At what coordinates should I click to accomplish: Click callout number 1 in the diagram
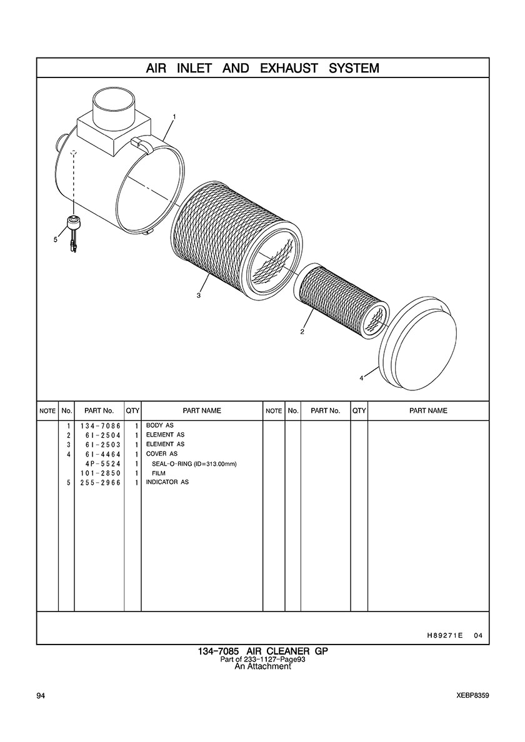point(174,116)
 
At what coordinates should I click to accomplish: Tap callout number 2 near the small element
point(302,332)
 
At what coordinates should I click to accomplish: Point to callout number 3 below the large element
point(199,296)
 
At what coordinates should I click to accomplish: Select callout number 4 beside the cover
point(361,378)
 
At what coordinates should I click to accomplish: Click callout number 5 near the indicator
point(56,239)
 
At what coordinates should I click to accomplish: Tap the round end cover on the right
point(419,342)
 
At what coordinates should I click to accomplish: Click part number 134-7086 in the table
point(100,426)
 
